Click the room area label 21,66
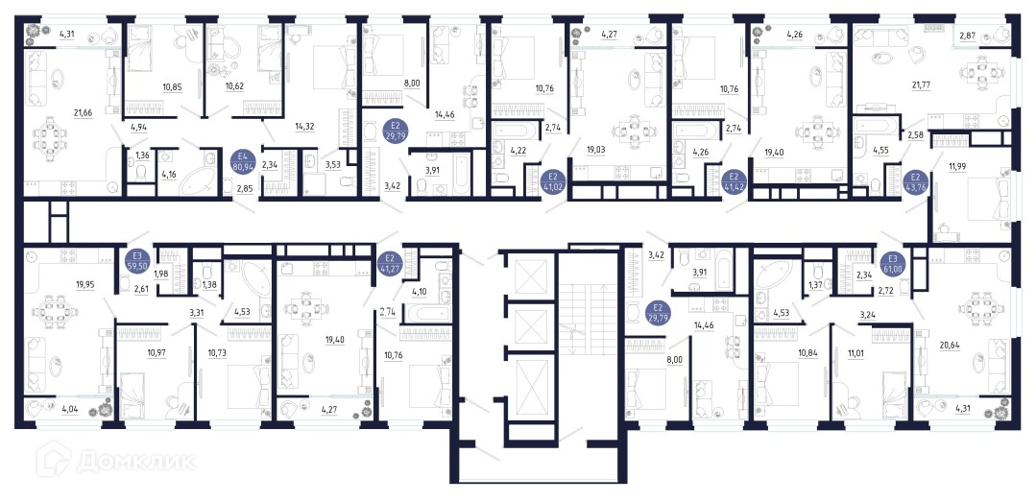click(84, 114)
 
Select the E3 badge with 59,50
click(137, 259)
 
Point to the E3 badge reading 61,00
click(893, 259)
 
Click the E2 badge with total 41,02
click(552, 181)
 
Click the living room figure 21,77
click(920, 83)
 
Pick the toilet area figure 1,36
click(142, 155)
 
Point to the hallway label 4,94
click(139, 128)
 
